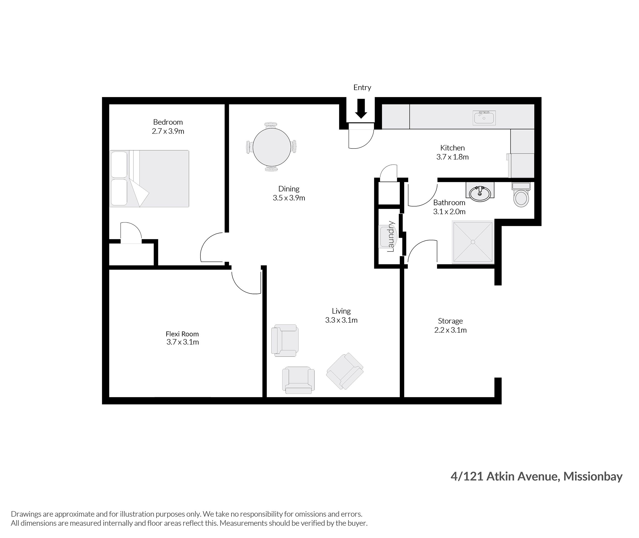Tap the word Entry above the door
362,87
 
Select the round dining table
271,147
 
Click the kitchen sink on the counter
484,118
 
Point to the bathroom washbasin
480,193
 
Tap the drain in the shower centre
473,242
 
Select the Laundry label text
391,236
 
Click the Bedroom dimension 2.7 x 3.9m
168,131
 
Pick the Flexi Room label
182,334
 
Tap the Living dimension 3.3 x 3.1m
341,320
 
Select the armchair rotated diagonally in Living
345,371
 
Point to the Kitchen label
452,148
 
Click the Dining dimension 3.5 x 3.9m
289,198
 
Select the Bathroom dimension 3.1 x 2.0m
449,212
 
